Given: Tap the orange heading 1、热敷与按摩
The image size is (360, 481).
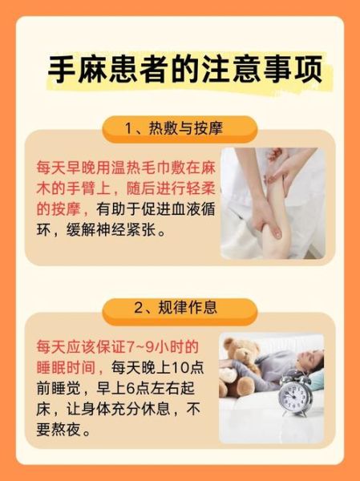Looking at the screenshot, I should (180, 128).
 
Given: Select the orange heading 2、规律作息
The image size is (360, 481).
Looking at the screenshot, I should (180, 307).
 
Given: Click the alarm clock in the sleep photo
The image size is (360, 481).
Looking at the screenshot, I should (293, 398).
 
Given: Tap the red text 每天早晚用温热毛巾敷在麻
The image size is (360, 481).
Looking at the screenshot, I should (126, 168).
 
